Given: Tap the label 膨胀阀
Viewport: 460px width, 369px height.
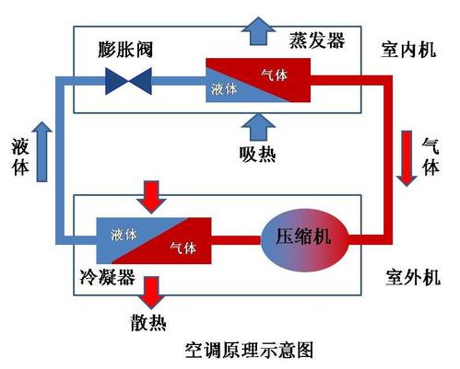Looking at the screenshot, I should tap(128, 48).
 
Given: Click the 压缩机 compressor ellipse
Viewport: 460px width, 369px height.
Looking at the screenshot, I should tap(302, 240).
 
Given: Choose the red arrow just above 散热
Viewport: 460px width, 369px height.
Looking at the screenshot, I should tap(150, 293).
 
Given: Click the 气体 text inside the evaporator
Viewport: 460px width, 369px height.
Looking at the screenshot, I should tap(274, 73).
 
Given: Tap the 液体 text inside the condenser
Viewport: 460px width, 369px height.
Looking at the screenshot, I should tap(122, 234).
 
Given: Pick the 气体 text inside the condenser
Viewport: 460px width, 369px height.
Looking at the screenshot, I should tap(183, 248).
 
